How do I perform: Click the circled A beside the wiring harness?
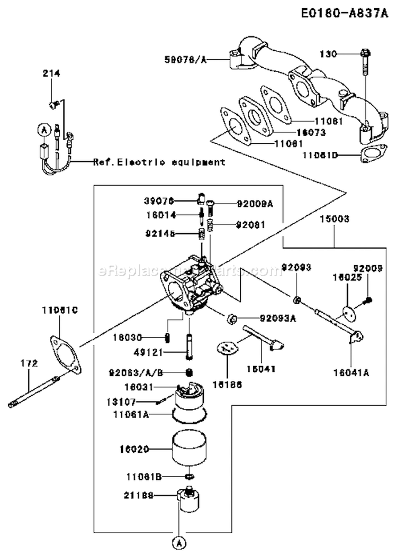pos(43,129)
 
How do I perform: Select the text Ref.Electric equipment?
pos(159,162)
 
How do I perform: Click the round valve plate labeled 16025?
pos(347,313)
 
